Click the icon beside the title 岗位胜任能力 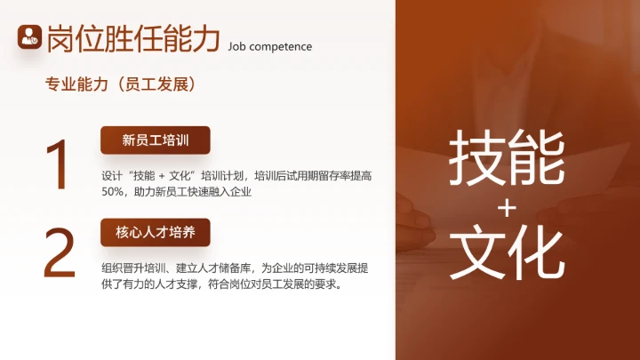[x=30, y=36]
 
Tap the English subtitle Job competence [x=269, y=45]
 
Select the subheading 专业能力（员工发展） [x=120, y=84]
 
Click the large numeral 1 [x=59, y=164]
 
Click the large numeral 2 [x=60, y=252]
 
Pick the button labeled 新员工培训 [x=155, y=140]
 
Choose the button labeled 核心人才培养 [x=155, y=232]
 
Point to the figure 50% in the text [x=113, y=191]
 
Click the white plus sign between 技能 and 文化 [x=507, y=207]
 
